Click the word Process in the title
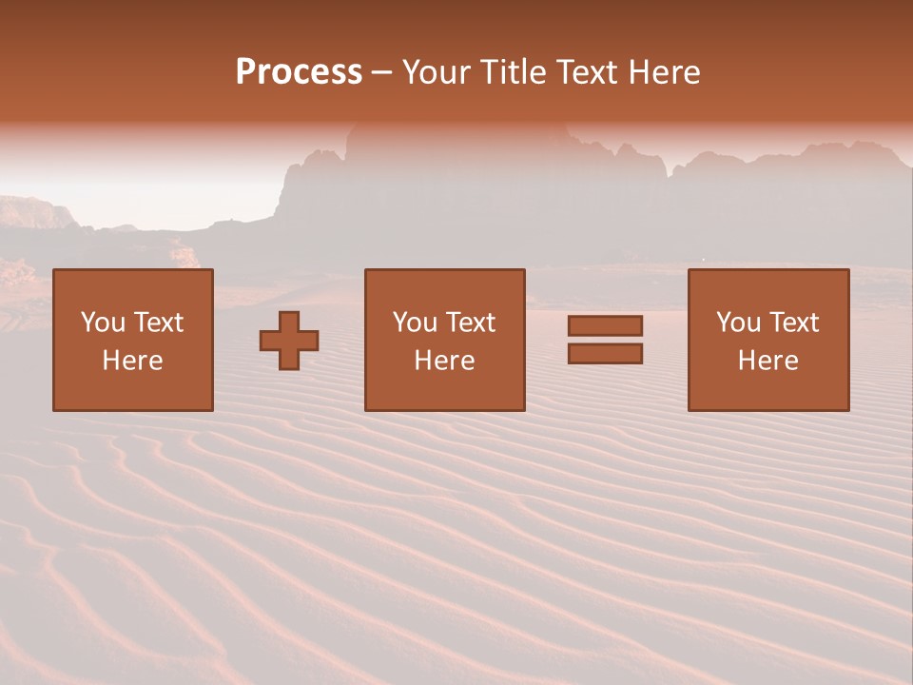click(x=299, y=72)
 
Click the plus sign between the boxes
click(x=289, y=341)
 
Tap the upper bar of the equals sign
click(x=605, y=325)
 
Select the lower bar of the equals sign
click(x=605, y=354)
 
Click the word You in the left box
click(x=103, y=323)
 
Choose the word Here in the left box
click(x=132, y=361)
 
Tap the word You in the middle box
click(x=415, y=323)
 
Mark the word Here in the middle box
click(x=444, y=361)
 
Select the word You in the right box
click(x=738, y=323)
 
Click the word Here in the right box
click(x=767, y=361)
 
